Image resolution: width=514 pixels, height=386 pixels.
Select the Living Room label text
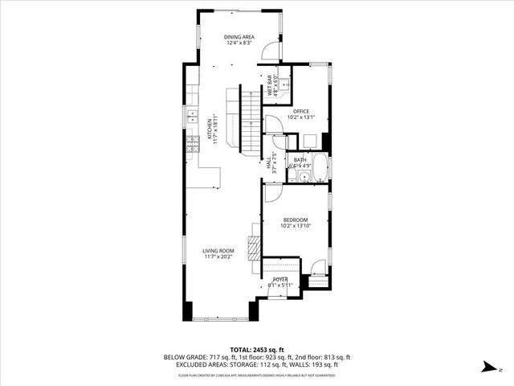[217, 252]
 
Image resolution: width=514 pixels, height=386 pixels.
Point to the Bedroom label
[296, 221]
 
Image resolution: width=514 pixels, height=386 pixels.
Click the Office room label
[301, 111]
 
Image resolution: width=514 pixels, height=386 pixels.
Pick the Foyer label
[279, 279]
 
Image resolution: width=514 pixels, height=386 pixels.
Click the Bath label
[300, 160]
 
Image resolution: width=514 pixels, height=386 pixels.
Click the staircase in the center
[251, 121]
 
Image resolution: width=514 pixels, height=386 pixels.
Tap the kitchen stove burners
[193, 144]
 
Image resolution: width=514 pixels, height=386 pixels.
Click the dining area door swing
[271, 51]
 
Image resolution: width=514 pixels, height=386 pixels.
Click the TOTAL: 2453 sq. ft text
[257, 350]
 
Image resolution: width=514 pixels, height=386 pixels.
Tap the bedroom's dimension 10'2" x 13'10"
[296, 226]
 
